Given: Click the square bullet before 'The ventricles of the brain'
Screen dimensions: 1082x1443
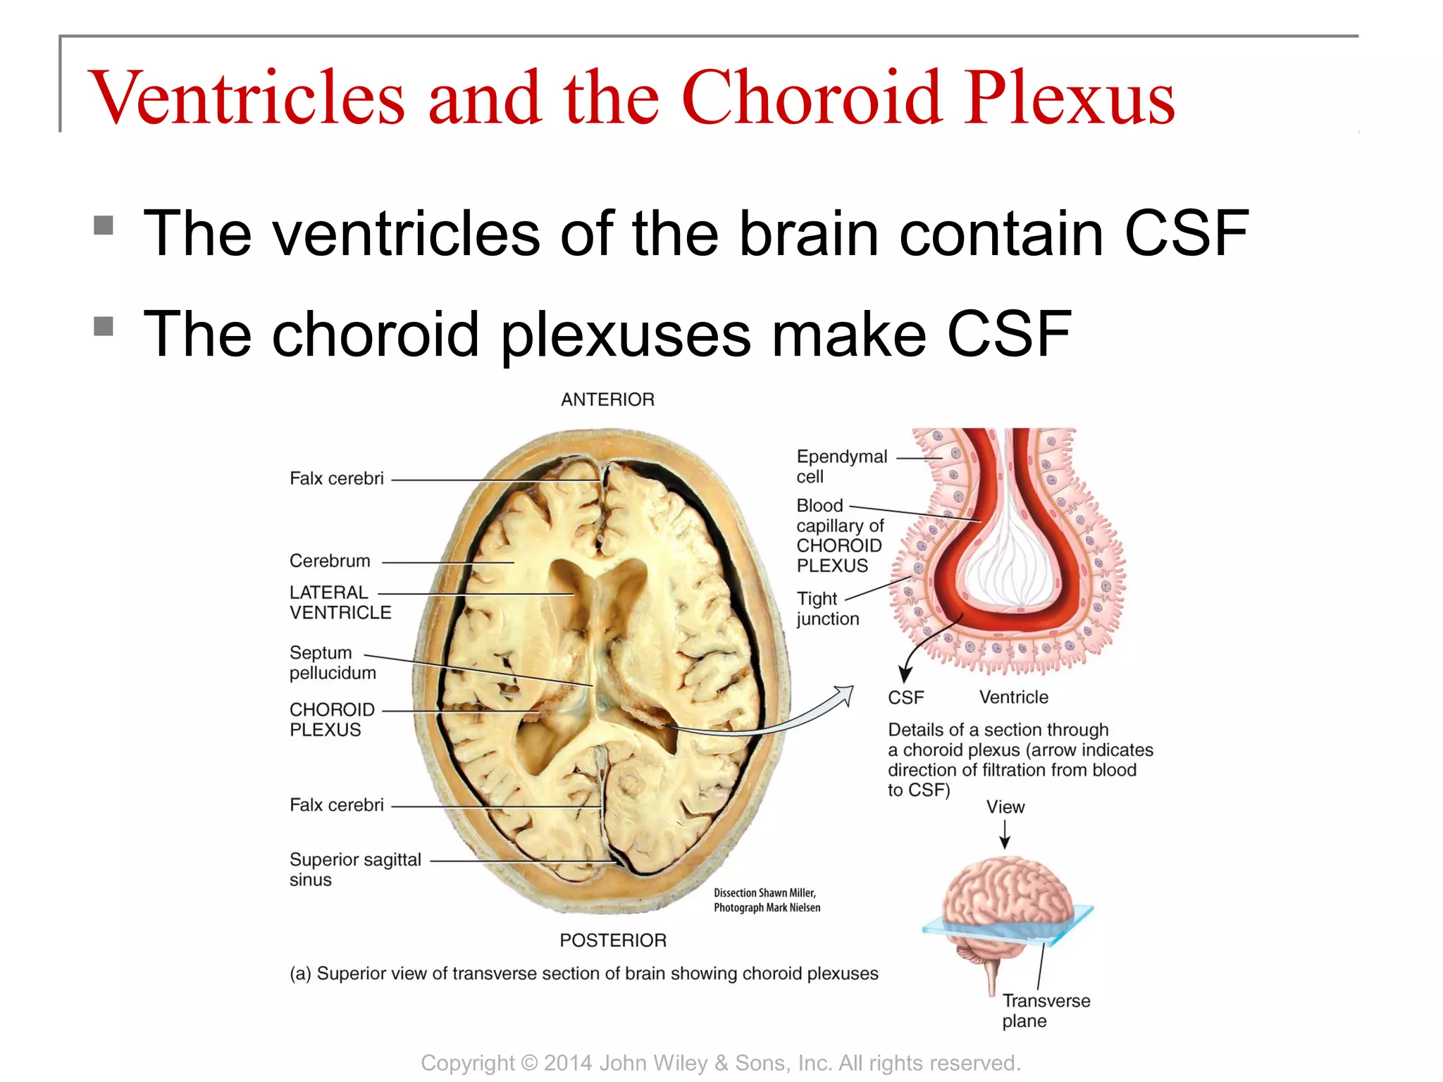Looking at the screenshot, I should [104, 225].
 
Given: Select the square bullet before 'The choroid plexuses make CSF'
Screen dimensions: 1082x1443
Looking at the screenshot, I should [104, 326].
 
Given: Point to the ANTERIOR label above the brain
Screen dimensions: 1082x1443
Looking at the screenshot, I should [607, 399].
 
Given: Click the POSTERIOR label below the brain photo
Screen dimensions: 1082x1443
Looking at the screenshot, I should [613, 940].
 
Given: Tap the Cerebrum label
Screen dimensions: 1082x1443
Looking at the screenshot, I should [330, 561].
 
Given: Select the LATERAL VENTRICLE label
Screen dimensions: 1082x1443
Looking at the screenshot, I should [340, 602].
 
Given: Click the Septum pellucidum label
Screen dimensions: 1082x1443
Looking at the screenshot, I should [332, 662].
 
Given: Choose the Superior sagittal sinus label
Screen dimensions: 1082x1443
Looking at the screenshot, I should [354, 869].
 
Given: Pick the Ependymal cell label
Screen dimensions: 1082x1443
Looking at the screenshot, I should [841, 466].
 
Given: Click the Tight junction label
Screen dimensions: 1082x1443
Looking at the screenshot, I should [827, 609].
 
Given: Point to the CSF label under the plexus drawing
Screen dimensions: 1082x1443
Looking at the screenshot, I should [905, 697].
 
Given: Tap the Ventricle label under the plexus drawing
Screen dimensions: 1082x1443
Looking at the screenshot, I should [1013, 697].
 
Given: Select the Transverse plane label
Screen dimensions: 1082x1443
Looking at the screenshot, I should [1046, 1010].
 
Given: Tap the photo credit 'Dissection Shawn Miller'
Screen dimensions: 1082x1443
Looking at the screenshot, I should [764, 893].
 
